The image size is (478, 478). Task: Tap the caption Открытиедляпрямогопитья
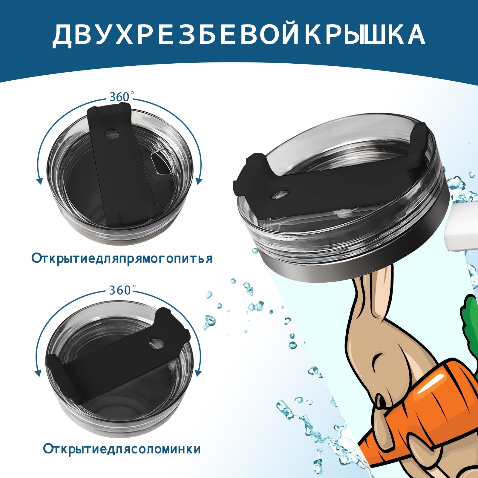(x=122, y=258)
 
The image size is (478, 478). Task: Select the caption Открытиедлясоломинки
(x=122, y=449)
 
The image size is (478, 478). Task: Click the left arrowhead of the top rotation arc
(x=39, y=181)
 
